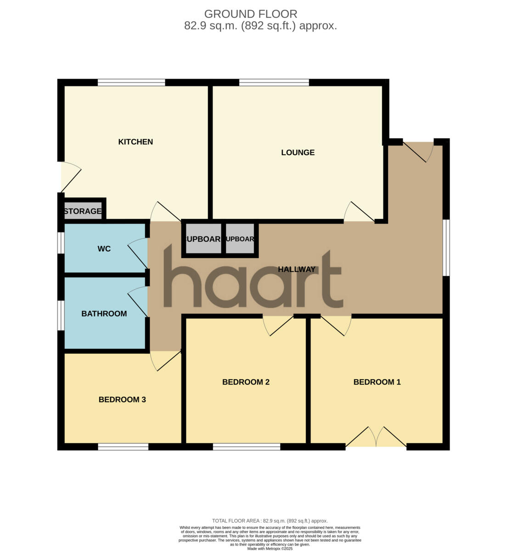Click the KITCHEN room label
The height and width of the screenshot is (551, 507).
tap(135, 142)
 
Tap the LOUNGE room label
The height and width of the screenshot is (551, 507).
tap(298, 152)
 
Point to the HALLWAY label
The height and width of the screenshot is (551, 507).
tap(297, 270)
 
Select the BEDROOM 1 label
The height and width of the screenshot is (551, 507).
tap(377, 382)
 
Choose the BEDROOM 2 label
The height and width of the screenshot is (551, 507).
tap(246, 382)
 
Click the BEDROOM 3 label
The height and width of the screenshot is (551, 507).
tap(122, 399)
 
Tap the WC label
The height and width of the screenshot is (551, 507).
tap(104, 249)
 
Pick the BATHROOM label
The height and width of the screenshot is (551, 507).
tap(104, 314)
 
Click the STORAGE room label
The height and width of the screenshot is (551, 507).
tap(83, 211)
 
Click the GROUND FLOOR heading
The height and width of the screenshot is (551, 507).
tap(251, 14)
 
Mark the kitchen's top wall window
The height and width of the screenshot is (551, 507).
tap(131, 83)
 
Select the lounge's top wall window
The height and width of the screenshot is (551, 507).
tap(274, 83)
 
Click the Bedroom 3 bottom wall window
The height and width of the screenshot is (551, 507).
tap(123, 446)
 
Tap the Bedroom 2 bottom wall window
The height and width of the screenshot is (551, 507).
tap(247, 446)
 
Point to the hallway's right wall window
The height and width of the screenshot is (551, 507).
tap(446, 247)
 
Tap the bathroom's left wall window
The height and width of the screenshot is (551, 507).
tap(60, 315)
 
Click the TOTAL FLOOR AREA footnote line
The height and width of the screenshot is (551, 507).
tap(270, 521)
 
